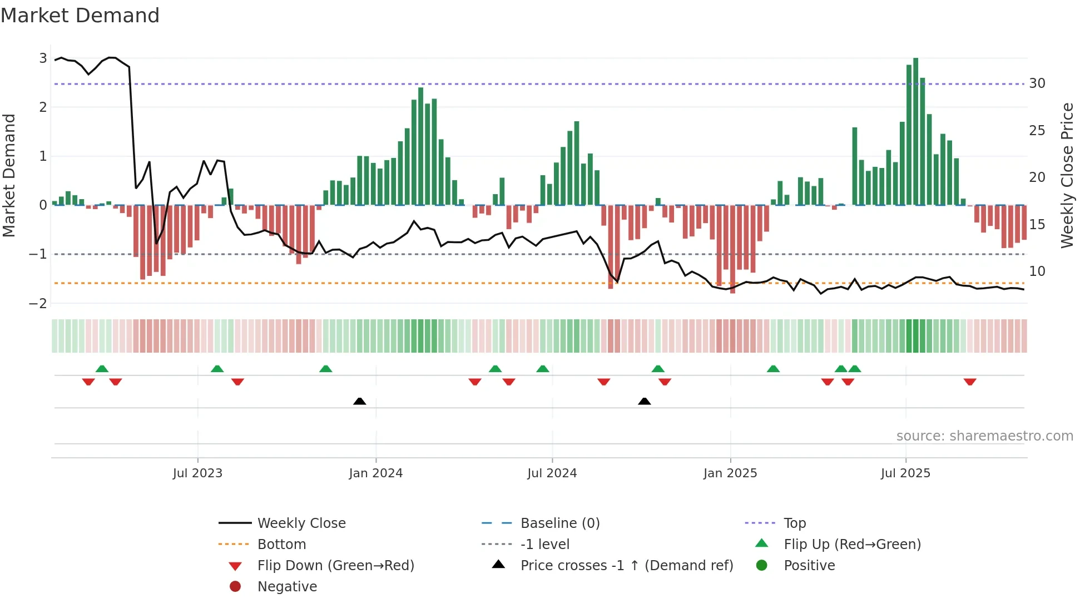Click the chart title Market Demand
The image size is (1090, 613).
(x=80, y=16)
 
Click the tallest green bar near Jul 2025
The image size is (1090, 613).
(x=915, y=131)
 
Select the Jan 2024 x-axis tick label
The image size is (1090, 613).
(x=375, y=473)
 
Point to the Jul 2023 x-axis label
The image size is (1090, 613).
(x=197, y=473)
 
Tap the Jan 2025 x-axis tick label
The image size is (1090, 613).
(x=730, y=473)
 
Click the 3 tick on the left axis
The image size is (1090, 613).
(x=43, y=58)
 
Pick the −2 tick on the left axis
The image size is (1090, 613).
(x=38, y=304)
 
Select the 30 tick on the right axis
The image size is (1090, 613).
(x=1037, y=83)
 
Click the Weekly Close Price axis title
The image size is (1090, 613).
(x=1067, y=175)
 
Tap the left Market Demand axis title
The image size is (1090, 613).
(x=9, y=175)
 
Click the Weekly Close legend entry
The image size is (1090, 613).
(x=301, y=523)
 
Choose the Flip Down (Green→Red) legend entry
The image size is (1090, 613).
(x=335, y=566)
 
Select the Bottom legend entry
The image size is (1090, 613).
(x=281, y=545)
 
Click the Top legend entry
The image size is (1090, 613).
(x=795, y=523)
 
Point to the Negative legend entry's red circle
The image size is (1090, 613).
(x=235, y=587)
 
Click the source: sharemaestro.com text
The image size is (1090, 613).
(x=984, y=436)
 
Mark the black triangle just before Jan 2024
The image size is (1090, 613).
(x=360, y=401)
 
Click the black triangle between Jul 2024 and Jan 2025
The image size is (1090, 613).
(x=644, y=401)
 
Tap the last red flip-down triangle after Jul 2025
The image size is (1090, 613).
(x=970, y=382)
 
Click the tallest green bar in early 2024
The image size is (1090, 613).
(x=420, y=146)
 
